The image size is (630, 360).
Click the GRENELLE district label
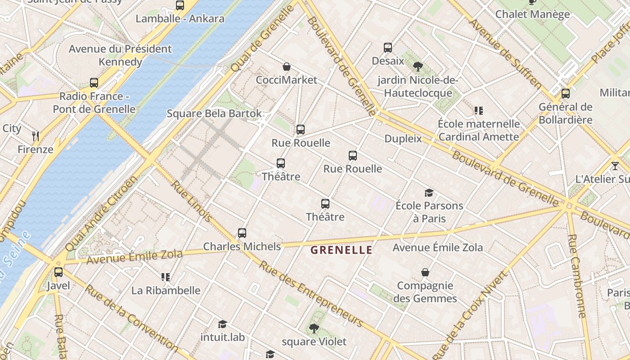click(342, 250)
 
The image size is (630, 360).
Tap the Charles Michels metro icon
click(242, 233)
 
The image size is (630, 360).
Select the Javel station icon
click(58, 272)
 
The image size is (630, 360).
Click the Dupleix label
click(403, 139)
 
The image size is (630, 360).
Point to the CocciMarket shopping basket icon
click(287, 67)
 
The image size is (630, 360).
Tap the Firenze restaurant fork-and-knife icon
click(36, 136)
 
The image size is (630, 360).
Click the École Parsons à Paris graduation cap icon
click(429, 193)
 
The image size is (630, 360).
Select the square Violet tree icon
click(314, 328)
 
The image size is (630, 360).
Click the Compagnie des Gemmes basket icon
click(425, 272)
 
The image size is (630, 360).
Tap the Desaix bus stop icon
click(388, 48)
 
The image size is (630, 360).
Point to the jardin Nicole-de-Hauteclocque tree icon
click(418, 67)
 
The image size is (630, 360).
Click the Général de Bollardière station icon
click(566, 94)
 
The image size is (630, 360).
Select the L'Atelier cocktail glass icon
click(615, 166)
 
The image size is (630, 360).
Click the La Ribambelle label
click(166, 290)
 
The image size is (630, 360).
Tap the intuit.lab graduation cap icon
click(222, 324)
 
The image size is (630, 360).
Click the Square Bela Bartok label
click(214, 113)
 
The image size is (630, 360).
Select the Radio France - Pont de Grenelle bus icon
click(94, 83)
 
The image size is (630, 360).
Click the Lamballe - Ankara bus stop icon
click(180, 5)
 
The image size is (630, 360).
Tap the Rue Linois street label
click(191, 201)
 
